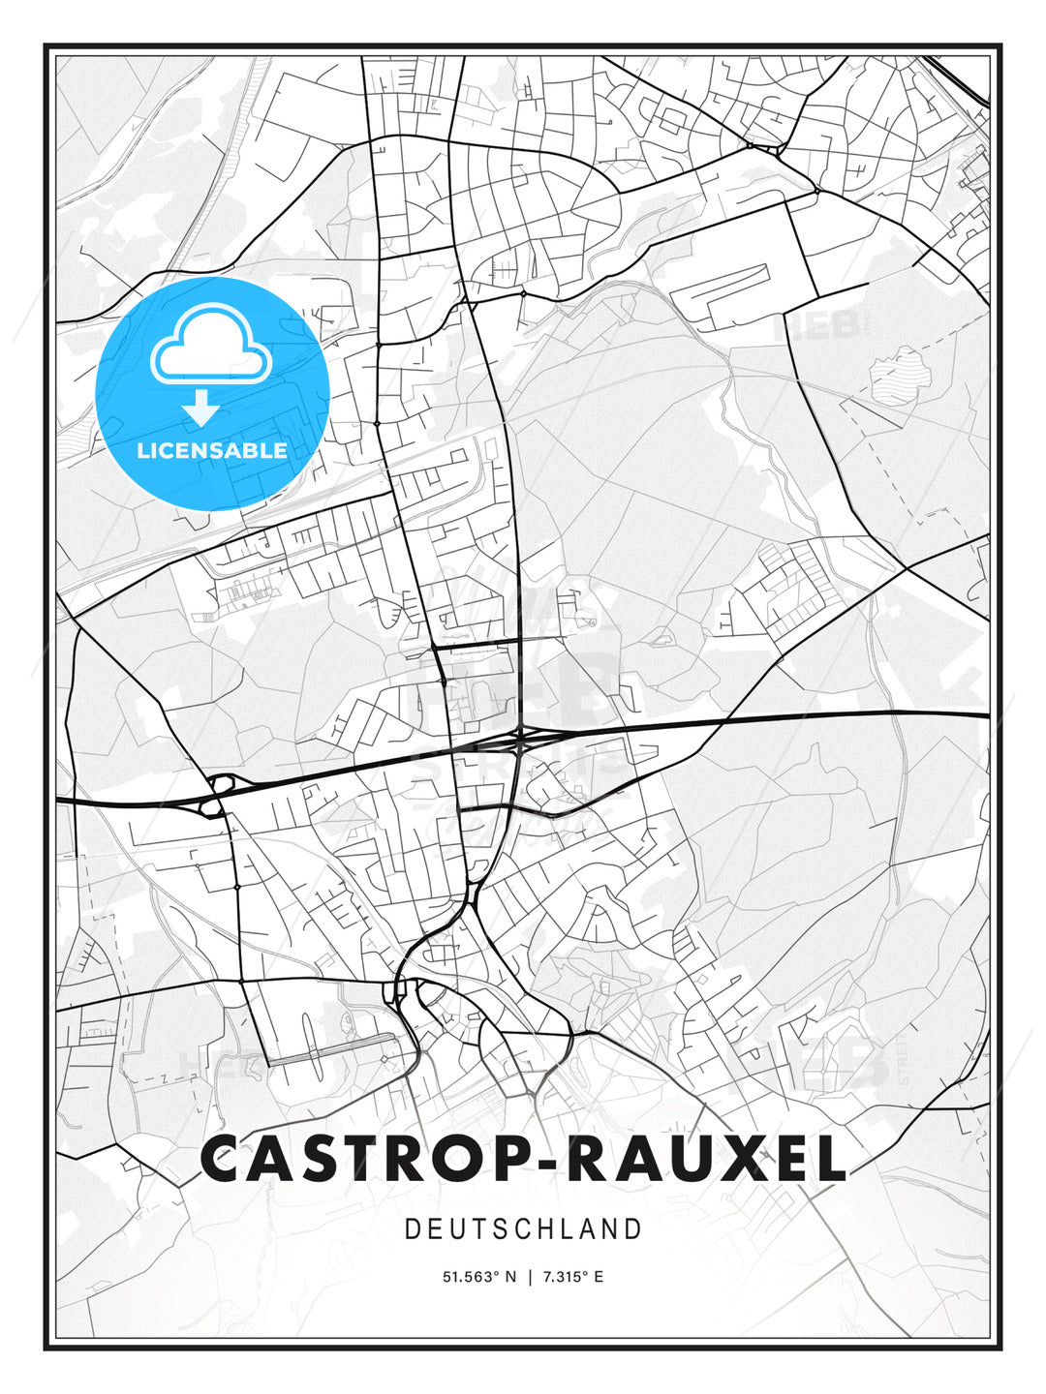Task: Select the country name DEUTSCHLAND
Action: point(523,1229)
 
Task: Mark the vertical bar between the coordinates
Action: point(530,1277)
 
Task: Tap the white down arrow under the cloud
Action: point(201,408)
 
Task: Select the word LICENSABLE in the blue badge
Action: point(212,450)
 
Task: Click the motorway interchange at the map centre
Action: point(520,740)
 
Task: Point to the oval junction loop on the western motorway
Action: point(217,788)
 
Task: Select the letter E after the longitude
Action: point(599,1277)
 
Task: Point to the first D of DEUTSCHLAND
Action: point(413,1229)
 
